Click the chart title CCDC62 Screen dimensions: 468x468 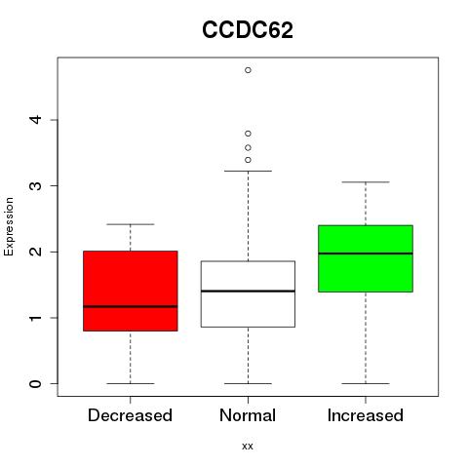[248, 30]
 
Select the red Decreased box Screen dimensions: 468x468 [131, 291]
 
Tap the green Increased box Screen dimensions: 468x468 [366, 258]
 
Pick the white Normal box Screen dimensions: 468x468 [248, 293]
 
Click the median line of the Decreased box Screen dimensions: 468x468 [131, 306]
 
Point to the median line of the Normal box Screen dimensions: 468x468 [248, 291]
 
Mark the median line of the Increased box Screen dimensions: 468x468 [366, 253]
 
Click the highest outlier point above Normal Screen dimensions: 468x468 [248, 70]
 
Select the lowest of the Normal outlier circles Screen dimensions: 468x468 [248, 160]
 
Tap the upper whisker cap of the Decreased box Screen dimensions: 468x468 [131, 224]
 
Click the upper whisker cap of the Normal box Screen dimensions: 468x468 [248, 171]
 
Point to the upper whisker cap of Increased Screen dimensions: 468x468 [366, 182]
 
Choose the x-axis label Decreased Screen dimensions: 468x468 [130, 415]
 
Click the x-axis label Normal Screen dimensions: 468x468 [248, 415]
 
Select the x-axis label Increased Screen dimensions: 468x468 [366, 415]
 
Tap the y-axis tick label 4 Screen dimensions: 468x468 [35, 120]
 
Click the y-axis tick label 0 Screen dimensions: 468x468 [35, 383]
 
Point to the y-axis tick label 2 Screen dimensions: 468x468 [35, 252]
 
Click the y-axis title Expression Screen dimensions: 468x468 [9, 226]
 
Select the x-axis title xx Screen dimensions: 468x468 [248, 447]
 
